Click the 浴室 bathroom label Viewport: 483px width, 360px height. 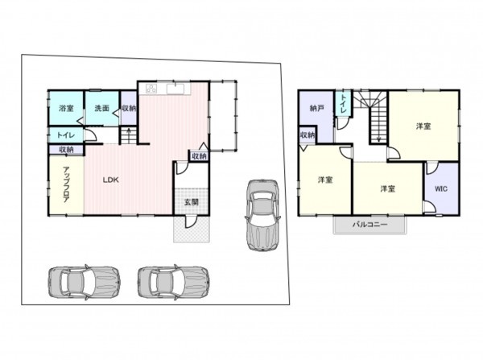[x=66, y=109]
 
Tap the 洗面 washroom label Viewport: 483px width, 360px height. [x=102, y=108]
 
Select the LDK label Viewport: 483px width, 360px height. [x=110, y=180]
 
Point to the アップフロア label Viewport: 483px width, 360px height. [x=66, y=184]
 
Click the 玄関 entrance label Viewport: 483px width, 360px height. [x=192, y=202]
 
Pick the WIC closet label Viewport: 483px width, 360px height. [x=441, y=188]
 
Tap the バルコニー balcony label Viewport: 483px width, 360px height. [x=369, y=225]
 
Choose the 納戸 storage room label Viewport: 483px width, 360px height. [x=317, y=108]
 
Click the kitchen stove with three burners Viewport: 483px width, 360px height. [x=151, y=89]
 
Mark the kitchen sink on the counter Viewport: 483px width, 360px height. [x=175, y=89]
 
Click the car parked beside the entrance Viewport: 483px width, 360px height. [x=262, y=215]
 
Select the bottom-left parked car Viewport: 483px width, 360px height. [x=84, y=282]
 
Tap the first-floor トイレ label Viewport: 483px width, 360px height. [x=66, y=135]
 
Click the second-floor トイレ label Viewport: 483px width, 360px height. [x=343, y=103]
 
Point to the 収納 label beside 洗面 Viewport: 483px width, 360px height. [x=129, y=108]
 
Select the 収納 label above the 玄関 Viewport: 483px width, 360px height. [x=199, y=156]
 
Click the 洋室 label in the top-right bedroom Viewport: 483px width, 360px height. [x=423, y=126]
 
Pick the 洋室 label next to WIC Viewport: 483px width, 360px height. [x=387, y=188]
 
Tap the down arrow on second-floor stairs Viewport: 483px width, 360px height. [x=378, y=138]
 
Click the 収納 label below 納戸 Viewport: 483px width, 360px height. [x=308, y=135]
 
